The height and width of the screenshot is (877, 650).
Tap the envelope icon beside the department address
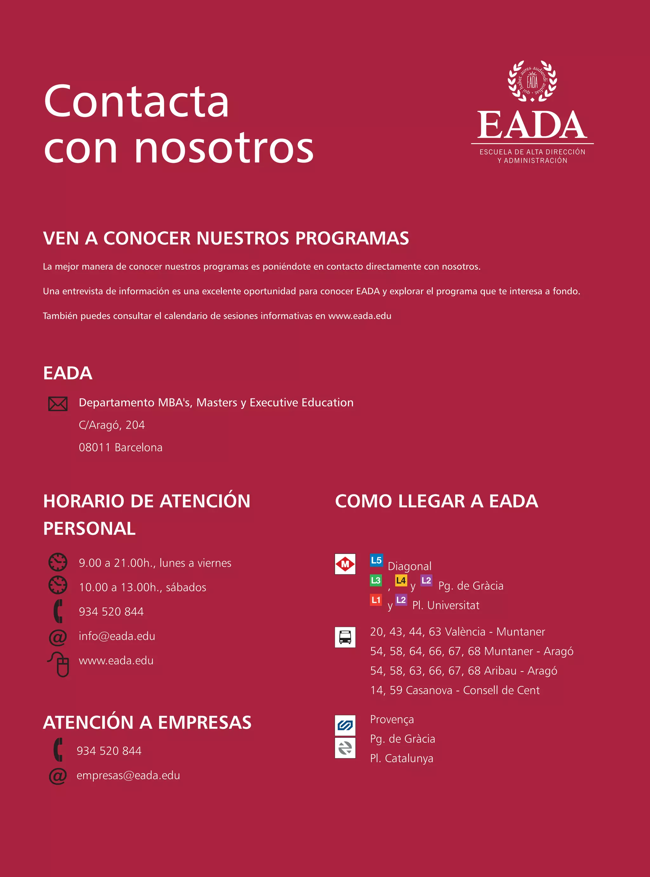(x=58, y=404)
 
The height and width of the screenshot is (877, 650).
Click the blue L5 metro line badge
(x=376, y=560)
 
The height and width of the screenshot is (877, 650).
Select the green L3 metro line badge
(x=376, y=580)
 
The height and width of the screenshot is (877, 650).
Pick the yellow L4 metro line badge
(x=401, y=580)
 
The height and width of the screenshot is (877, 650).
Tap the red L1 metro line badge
(x=376, y=600)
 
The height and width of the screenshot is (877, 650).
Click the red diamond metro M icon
(x=345, y=564)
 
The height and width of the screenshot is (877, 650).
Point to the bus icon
(x=345, y=637)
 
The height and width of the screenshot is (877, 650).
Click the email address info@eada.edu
(x=117, y=636)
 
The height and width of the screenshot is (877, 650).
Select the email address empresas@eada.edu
(x=128, y=775)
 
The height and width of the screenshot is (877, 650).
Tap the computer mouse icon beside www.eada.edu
(x=59, y=664)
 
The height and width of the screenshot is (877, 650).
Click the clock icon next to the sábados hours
(x=58, y=585)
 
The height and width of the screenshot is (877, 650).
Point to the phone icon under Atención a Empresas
(x=58, y=749)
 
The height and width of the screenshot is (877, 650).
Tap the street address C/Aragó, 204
(x=112, y=425)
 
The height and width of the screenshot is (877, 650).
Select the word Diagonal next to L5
(x=410, y=566)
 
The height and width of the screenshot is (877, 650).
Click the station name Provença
(x=392, y=719)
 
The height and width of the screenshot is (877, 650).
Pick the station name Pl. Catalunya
(x=401, y=758)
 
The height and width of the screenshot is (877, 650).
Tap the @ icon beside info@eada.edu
(x=58, y=637)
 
